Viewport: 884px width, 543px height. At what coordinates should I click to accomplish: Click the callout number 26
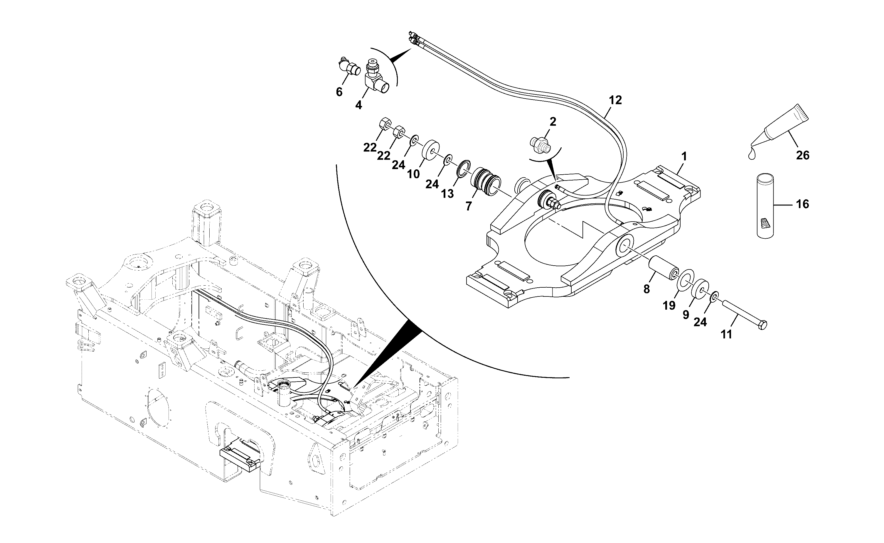tap(803, 155)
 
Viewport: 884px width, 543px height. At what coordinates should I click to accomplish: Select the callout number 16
tap(802, 204)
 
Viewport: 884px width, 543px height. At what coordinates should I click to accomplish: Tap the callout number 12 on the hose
tap(615, 100)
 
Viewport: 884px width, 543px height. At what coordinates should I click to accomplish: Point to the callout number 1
tap(684, 156)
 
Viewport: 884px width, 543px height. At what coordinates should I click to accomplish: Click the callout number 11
tap(726, 334)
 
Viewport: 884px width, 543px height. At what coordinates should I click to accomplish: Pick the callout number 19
tap(669, 305)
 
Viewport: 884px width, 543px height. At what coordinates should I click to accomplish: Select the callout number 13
tap(447, 193)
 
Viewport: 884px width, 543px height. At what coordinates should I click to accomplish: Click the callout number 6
tap(339, 92)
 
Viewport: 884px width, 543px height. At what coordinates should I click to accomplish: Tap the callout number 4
tap(358, 105)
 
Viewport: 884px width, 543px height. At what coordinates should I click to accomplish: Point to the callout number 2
tap(553, 122)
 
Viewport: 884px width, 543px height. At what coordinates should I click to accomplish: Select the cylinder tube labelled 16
tap(765, 206)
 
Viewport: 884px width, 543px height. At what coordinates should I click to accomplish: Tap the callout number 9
tap(686, 315)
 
